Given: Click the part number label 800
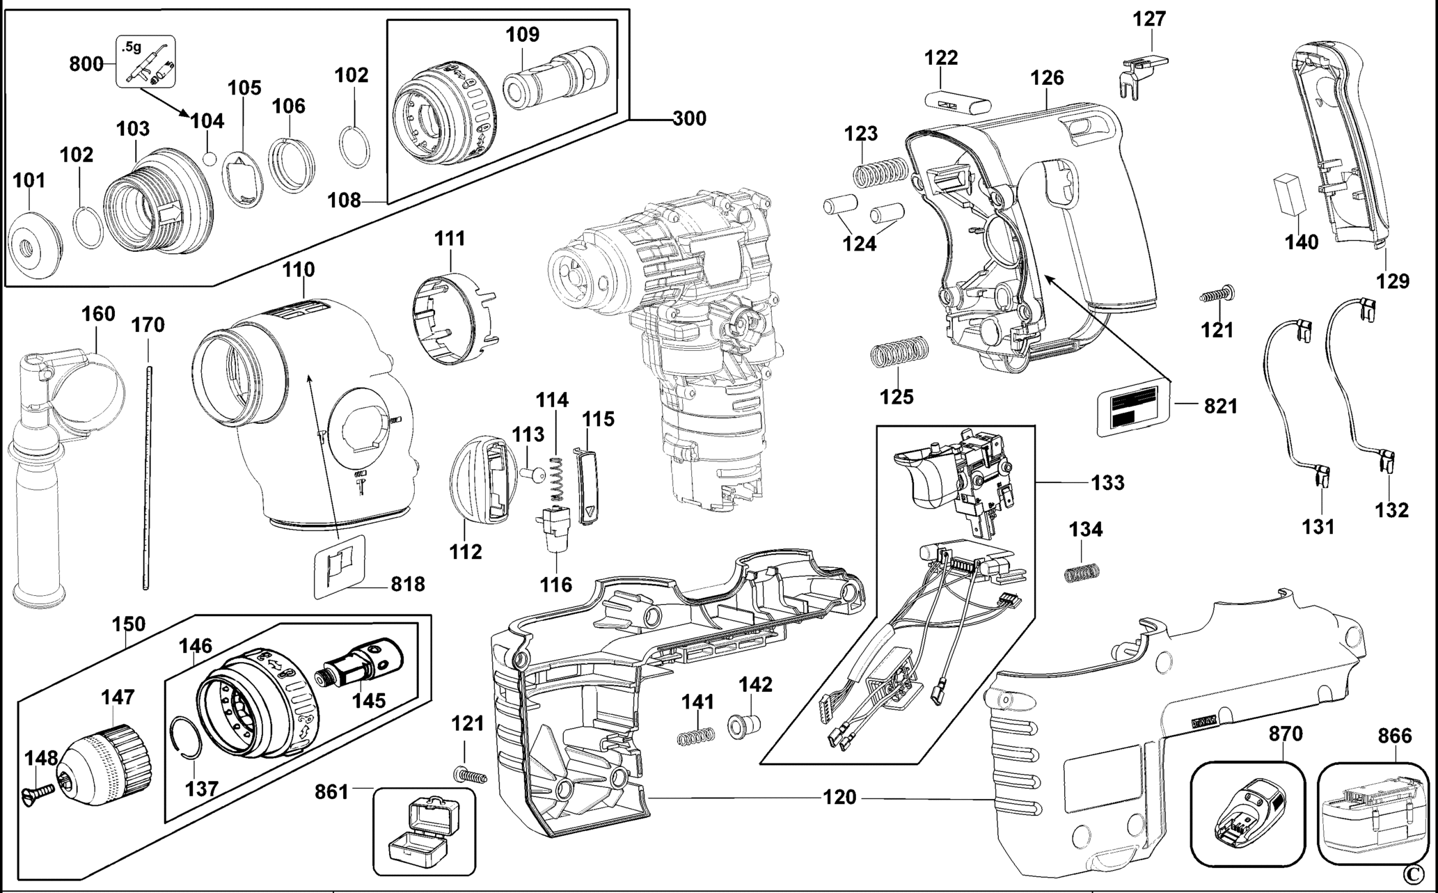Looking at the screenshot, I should point(86,64).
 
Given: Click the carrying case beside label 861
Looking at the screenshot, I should point(423,832).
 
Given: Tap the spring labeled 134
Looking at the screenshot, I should point(1082,571).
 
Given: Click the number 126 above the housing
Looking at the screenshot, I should point(1048,78).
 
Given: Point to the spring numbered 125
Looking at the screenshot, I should point(899,351).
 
